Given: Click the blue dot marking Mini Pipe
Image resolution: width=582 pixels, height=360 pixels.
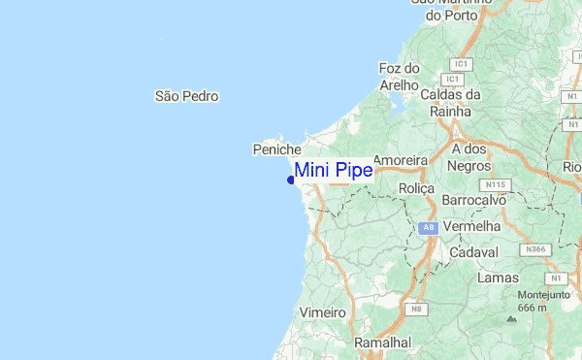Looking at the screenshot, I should click(x=291, y=179).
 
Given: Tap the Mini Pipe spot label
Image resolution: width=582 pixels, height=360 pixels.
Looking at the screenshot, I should click(x=333, y=171).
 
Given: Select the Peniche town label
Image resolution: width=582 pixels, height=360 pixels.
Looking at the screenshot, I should click(x=277, y=149).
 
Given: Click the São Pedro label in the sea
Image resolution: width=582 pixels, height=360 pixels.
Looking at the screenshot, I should click(x=186, y=96).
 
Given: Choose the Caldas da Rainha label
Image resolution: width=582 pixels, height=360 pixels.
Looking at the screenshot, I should click(x=451, y=103).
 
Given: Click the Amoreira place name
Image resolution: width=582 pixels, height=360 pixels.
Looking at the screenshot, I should click(x=401, y=159).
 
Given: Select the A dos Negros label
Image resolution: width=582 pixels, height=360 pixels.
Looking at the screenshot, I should click(x=469, y=157).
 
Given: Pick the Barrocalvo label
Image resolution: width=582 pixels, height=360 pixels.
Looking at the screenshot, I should click(x=474, y=199).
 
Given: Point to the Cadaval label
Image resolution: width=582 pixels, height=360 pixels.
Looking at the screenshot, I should click(x=475, y=252).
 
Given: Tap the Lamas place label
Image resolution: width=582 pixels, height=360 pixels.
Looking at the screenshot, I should click(x=499, y=278).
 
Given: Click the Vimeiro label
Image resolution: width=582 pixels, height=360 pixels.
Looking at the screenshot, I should click(x=324, y=313).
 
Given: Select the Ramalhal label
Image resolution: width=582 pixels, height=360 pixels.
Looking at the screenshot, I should click(x=383, y=343).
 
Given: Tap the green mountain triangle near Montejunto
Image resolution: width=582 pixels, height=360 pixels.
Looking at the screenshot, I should click(x=511, y=318).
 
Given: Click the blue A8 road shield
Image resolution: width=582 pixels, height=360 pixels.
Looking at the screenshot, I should click(x=427, y=227).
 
